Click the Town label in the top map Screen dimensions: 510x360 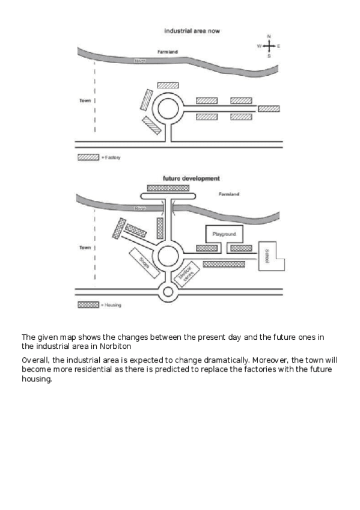pos(85,100)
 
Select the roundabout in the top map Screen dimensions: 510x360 pos(168,109)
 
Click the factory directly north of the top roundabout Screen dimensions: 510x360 pos(168,85)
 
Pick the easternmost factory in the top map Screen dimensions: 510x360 pos(269,109)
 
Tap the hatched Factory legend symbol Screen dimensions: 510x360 pos(88,157)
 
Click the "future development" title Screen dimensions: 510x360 pos(191,179)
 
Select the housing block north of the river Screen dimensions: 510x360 pos(168,188)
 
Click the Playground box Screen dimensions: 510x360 pos(224,233)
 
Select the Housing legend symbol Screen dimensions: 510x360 pos(88,305)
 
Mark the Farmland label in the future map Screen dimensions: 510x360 pos(229,194)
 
